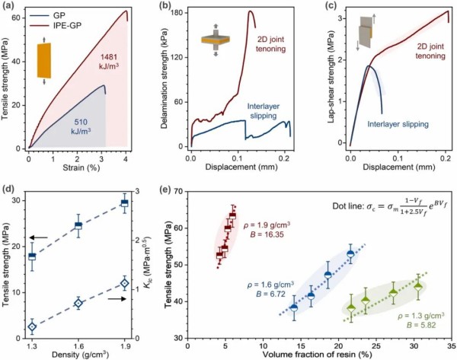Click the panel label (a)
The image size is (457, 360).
click(8, 6)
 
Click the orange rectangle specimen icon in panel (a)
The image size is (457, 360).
click(47, 60)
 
